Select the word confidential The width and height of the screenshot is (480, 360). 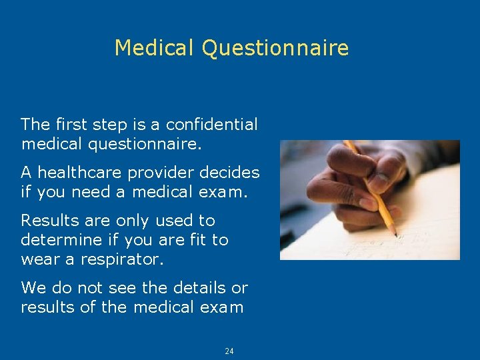coord(211,124)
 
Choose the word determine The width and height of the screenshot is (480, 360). coord(59,239)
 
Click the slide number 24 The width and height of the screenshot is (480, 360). coord(229,351)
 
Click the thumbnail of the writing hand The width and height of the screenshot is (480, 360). coord(369,199)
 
